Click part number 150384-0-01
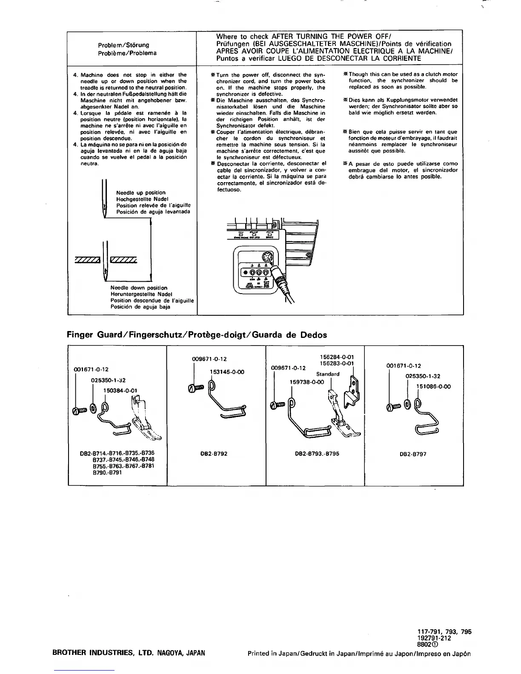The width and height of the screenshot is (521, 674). tap(120, 390)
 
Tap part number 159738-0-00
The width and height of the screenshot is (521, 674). tap(306, 382)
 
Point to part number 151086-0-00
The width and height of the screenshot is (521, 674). tap(433, 386)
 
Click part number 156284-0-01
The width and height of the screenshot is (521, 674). tap(337, 357)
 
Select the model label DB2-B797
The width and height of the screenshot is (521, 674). tap(413, 454)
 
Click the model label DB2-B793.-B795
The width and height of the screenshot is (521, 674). tap(317, 454)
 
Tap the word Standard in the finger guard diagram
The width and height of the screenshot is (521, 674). tap(328, 374)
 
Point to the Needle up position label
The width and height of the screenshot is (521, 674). tap(141, 193)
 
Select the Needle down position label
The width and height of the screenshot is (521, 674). tap(139, 288)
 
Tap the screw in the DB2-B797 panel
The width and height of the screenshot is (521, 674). tap(393, 408)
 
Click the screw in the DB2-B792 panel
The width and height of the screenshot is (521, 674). tap(195, 388)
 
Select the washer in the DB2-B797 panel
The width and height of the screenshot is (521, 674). tap(406, 403)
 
